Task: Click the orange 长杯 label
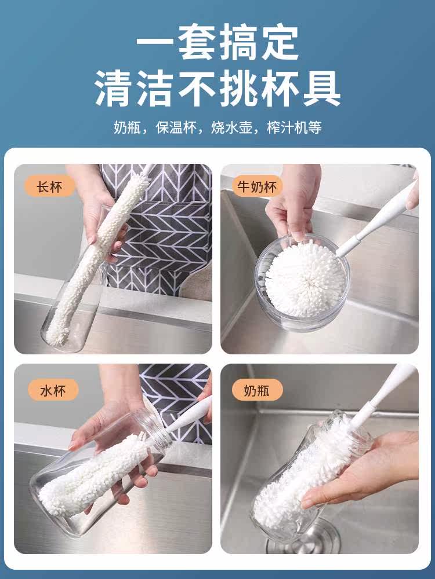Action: point(49,186)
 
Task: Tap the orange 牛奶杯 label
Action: point(257,186)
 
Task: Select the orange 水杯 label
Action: point(53,390)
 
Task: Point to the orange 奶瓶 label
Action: point(257,390)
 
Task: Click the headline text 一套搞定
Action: point(217,42)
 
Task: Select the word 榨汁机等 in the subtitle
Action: point(294,127)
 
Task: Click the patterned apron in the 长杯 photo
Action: point(159,229)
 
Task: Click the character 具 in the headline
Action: point(321,88)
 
